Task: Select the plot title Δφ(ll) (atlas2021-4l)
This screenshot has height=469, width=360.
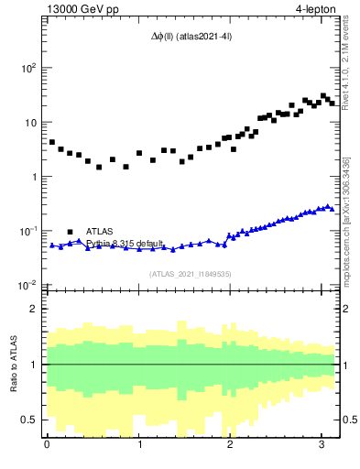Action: pos(190,37)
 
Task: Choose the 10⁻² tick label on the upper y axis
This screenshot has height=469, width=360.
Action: pos(27,285)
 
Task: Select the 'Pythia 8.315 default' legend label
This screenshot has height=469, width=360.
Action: pos(125,244)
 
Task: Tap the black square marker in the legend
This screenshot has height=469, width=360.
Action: pos(70,231)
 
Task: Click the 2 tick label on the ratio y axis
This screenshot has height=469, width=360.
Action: pos(34,309)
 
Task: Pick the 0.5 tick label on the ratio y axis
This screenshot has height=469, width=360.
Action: pos(30,420)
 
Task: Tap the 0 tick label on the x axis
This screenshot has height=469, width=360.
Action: pos(47,445)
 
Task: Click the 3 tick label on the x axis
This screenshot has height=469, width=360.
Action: pos(322,445)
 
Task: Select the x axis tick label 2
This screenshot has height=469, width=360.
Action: pos(230,445)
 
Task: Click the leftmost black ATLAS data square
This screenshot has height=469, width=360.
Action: pos(52,142)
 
